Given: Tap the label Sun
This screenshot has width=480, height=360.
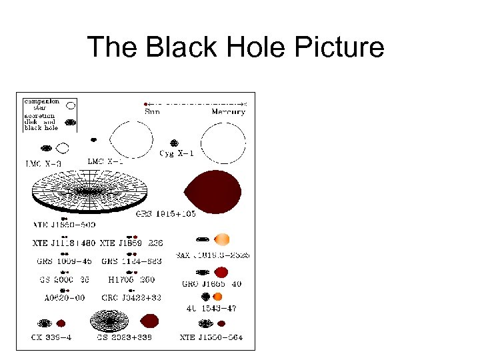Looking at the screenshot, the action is (x=152, y=112).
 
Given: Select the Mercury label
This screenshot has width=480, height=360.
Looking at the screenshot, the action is (x=229, y=112).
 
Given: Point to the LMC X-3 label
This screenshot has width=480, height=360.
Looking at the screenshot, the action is (x=44, y=163).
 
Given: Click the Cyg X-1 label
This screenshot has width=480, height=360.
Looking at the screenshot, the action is (x=175, y=155).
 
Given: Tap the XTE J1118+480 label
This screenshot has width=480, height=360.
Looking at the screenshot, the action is (x=63, y=243).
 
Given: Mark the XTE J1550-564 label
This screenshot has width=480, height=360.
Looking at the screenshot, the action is (x=211, y=337).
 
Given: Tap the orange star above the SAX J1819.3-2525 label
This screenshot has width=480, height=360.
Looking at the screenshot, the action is (x=223, y=239).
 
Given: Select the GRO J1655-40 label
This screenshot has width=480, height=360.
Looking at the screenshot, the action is (x=212, y=284).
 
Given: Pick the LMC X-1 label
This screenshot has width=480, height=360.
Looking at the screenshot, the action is (x=106, y=161).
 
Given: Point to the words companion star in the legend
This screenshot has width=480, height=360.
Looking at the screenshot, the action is (x=42, y=105).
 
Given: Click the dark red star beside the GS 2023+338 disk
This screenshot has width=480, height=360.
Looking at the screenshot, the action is (x=149, y=321).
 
